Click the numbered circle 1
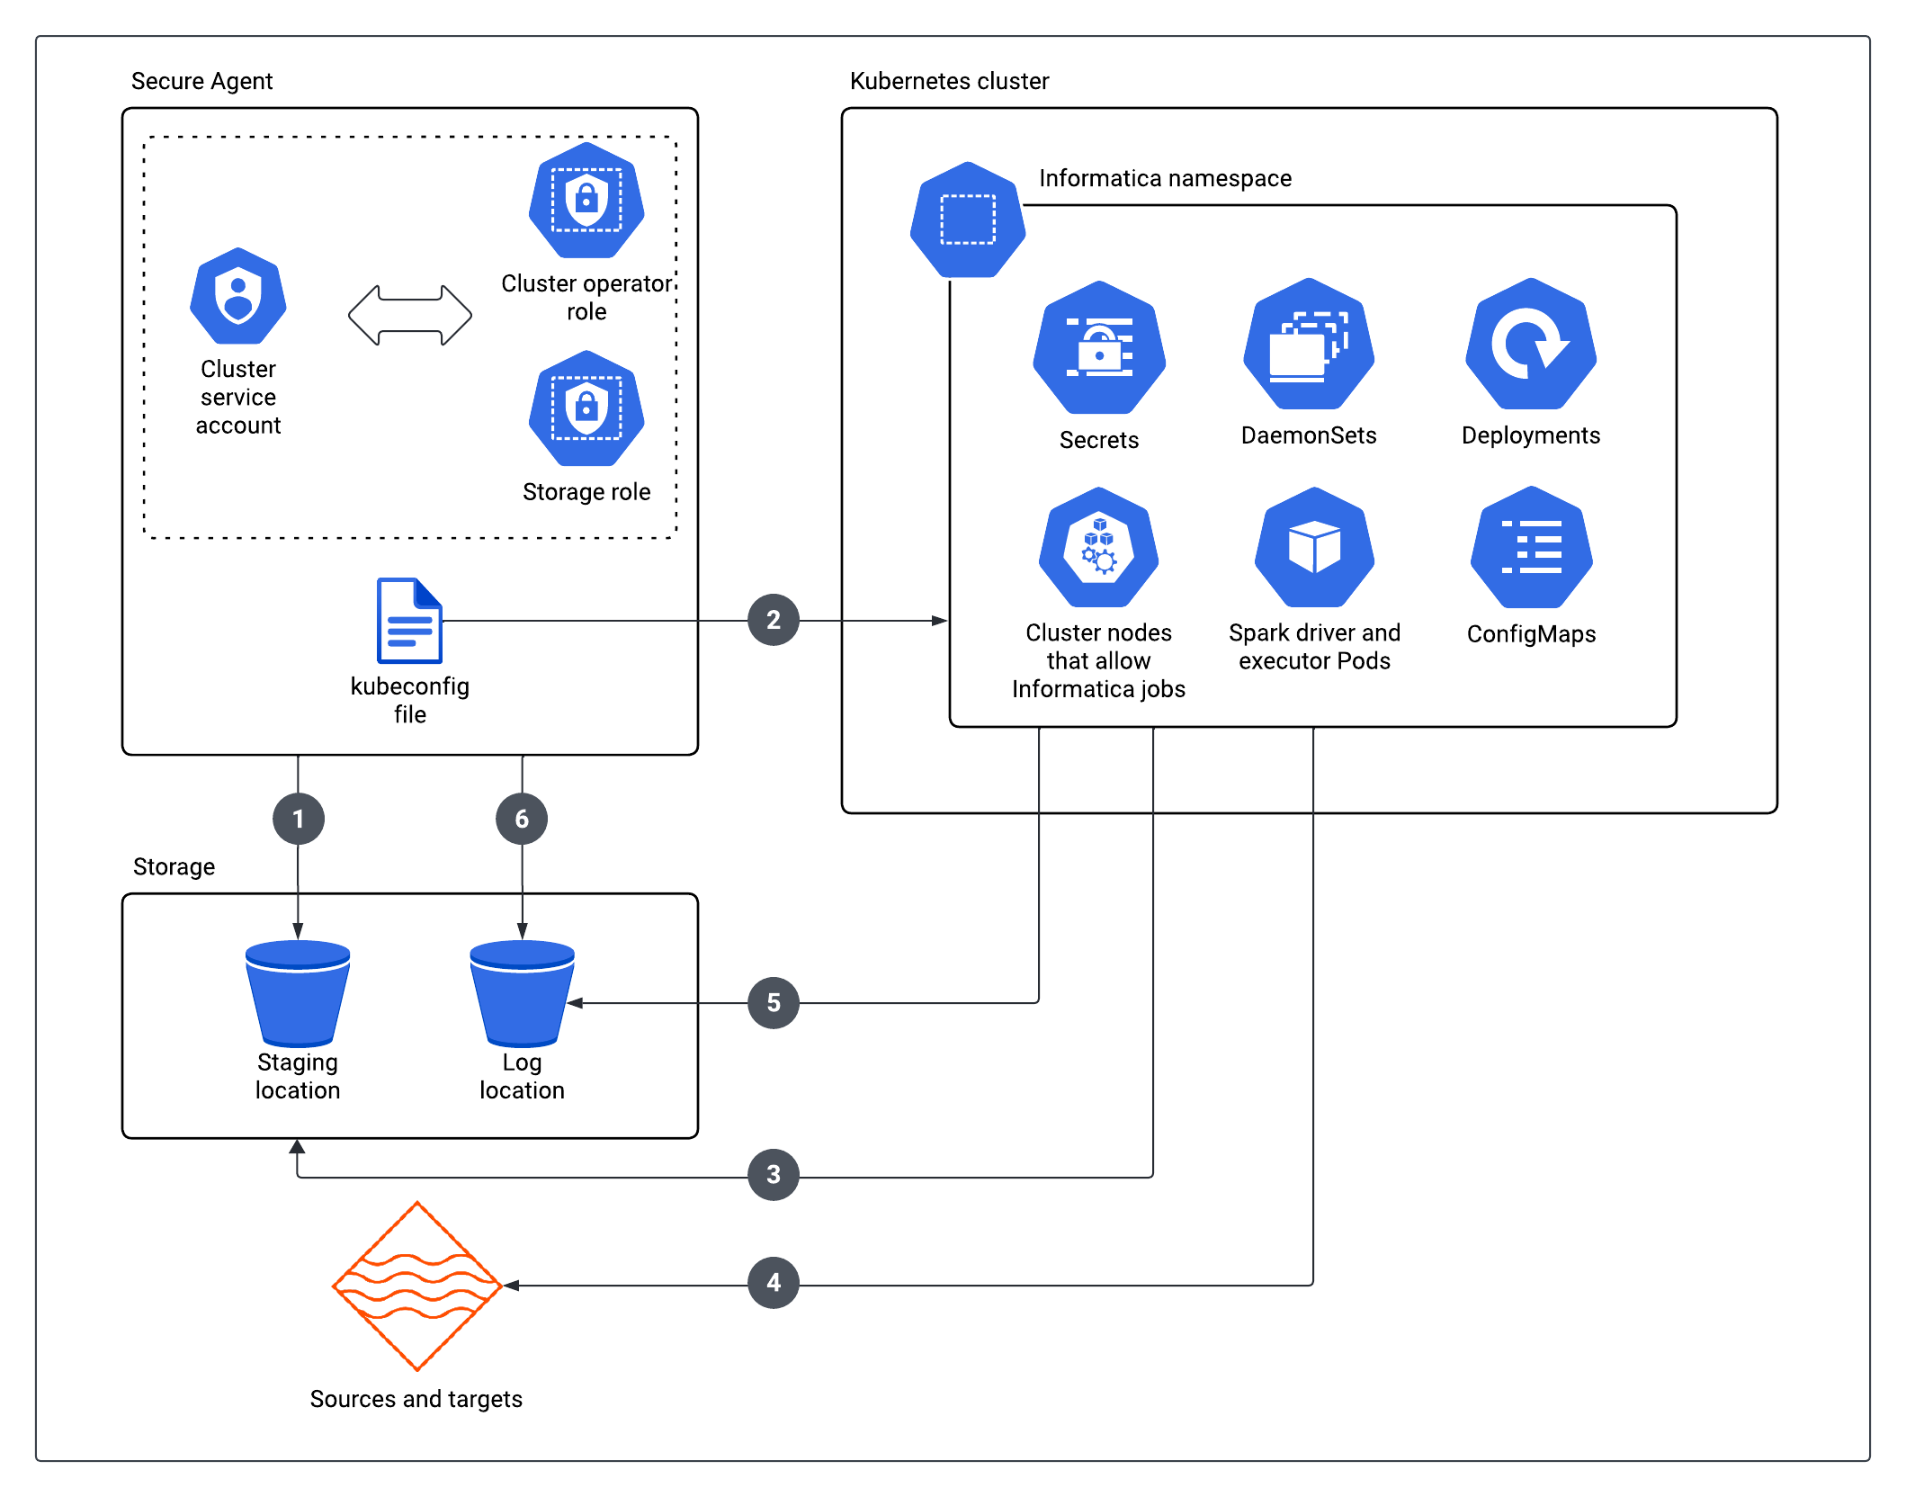tap(299, 819)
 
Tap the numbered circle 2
tap(774, 620)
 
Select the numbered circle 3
tap(774, 1174)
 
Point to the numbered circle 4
tap(774, 1282)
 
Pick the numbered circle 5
tap(774, 1002)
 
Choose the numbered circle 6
tap(522, 819)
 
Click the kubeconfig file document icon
tap(409, 621)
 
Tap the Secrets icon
tap(1099, 347)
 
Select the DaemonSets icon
tap(1309, 344)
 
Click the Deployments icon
tap(1531, 344)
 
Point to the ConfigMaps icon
tap(1532, 547)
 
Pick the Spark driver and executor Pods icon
tap(1314, 547)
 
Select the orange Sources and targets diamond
tap(416, 1286)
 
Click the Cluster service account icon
tap(238, 296)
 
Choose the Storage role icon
tap(586, 408)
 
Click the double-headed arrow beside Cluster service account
tap(410, 316)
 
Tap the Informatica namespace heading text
tap(1165, 178)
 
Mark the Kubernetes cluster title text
tap(949, 81)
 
